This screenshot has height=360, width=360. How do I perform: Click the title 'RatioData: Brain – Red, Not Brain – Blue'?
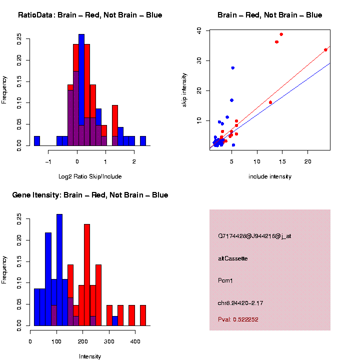click(90, 15)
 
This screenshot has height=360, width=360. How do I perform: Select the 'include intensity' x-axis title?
click(270, 176)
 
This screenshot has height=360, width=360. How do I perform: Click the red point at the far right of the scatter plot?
click(325, 50)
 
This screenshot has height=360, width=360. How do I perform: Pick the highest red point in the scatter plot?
click(281, 34)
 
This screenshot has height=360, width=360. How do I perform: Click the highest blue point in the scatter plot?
click(233, 68)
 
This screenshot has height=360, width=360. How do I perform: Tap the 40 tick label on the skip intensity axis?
click(199, 30)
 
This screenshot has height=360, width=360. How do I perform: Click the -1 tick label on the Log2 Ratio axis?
click(48, 161)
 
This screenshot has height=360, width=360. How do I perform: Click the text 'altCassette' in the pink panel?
click(232, 258)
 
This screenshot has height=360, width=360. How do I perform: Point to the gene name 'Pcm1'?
click(225, 280)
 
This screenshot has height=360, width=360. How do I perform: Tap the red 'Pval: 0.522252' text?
click(238, 319)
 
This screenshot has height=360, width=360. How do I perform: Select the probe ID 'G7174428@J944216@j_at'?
click(254, 236)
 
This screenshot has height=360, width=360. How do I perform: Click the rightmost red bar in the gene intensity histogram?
click(143, 315)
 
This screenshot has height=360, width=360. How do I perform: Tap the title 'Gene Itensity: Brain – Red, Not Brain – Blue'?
click(90, 195)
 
